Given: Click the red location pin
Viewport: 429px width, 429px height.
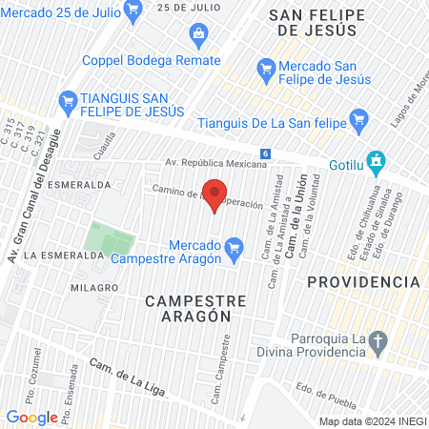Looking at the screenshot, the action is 215,194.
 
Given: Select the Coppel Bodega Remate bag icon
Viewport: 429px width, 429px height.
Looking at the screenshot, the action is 198,35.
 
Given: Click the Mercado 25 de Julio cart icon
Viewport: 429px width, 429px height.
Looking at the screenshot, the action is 133,10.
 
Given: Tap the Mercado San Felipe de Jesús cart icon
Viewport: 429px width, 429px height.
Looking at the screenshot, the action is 267,70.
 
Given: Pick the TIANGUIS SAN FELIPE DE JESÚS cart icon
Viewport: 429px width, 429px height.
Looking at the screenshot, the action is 68,99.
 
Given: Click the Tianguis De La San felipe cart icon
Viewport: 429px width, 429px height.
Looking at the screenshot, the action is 358,119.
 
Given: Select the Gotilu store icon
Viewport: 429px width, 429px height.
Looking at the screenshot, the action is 378,161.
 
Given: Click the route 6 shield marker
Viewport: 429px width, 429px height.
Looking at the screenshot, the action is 264,153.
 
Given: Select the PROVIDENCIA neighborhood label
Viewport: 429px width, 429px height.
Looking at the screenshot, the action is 363,282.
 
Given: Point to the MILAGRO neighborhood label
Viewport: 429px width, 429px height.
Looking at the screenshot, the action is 93,287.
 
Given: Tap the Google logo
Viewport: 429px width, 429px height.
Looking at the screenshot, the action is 31,417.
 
